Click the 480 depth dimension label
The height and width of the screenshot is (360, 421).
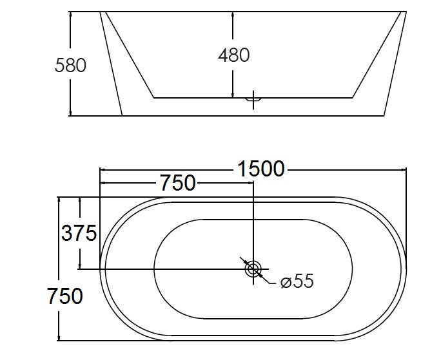point(233,55)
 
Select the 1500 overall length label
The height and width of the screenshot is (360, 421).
point(260,169)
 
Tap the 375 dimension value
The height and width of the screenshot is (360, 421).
point(79,232)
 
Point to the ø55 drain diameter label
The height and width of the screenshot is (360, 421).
point(297,281)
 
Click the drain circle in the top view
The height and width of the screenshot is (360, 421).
point(253,269)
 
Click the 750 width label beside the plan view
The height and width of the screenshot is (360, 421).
point(64,296)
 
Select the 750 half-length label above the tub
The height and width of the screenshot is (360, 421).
point(177,183)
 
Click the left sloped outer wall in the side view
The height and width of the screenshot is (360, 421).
point(111,64)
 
